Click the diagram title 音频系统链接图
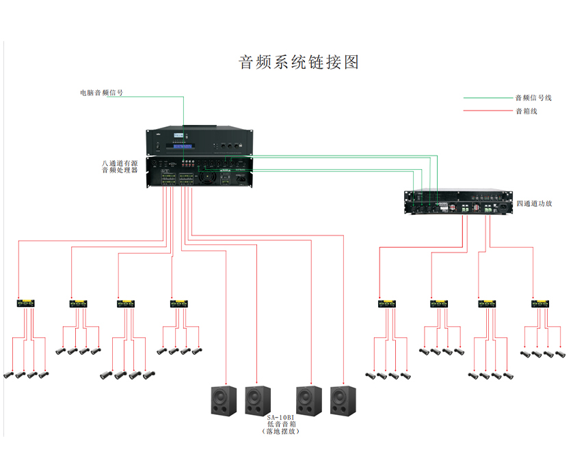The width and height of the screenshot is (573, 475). pos(299,62)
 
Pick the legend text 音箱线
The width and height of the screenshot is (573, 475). pos(527,111)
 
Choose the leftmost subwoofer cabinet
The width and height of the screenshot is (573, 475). pos(223,401)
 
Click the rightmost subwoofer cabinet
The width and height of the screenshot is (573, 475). pos(343,401)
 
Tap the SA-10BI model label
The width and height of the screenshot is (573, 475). pos(280,418)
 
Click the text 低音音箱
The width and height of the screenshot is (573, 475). pos(280,424)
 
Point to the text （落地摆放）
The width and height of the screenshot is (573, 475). pos(280,432)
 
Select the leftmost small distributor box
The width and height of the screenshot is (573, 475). pos(27,303)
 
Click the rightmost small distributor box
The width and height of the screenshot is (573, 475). pos(542,303)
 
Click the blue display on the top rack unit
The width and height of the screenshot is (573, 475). pos(183,145)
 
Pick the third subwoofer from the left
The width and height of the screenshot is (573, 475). pos(308,401)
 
